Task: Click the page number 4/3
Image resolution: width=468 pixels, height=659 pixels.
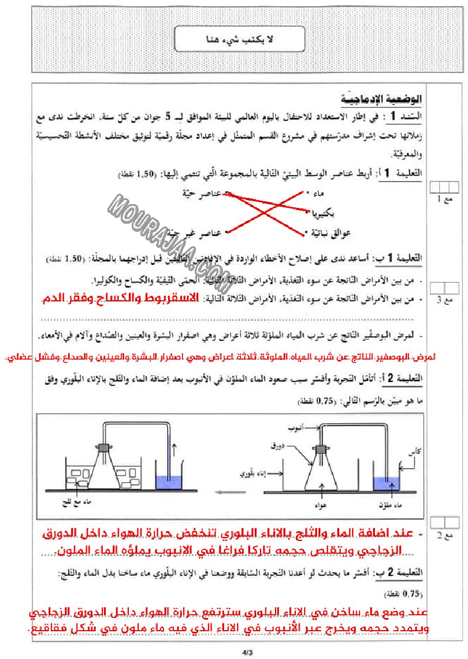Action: tap(248, 651)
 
